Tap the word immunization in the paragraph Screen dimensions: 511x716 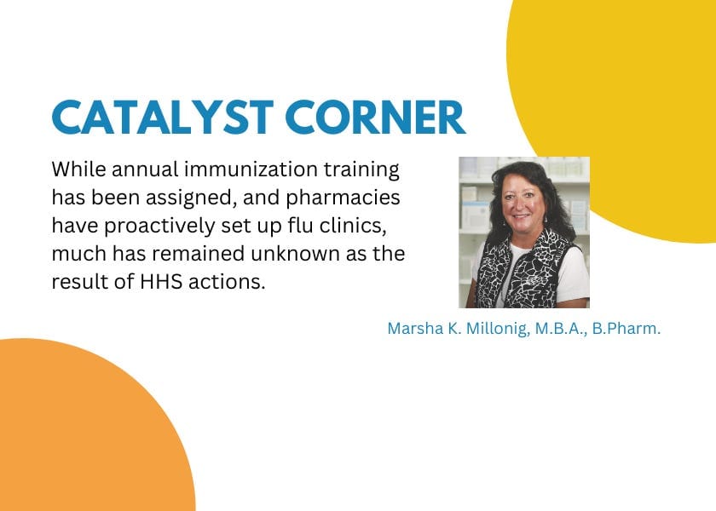tap(235, 169)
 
